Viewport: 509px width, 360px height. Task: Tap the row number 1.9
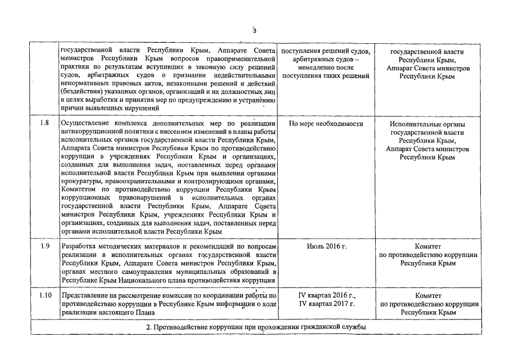45,246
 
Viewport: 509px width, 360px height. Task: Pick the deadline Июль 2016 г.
326,246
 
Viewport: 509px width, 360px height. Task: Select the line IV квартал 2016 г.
327,295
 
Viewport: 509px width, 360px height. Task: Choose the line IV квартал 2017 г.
327,304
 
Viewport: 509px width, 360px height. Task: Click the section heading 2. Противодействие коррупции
255,327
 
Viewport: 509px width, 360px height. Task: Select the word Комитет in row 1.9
428,246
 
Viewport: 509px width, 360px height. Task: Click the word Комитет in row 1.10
428,295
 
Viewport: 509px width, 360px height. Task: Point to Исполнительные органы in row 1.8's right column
428,124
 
